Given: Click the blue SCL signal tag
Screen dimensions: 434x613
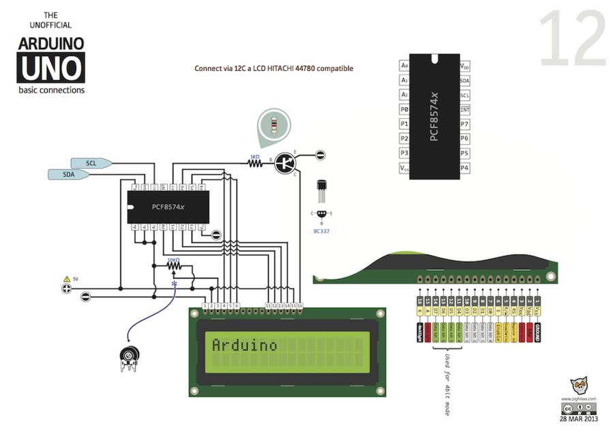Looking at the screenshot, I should point(91,162).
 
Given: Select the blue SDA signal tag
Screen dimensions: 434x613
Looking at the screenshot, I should point(68,175).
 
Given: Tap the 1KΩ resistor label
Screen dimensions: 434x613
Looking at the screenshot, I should point(254,157).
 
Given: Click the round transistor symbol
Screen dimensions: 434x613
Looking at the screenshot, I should point(288,162).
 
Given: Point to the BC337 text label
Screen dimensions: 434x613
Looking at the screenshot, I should point(322,231).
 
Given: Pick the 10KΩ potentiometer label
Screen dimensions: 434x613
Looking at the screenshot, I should point(173,260).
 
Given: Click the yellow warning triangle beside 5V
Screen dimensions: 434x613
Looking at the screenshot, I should point(66,278).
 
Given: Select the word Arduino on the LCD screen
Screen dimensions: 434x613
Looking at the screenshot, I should point(245,345).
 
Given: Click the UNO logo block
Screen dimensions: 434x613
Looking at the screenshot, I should point(52,68).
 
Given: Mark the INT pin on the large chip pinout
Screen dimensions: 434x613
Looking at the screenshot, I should point(465,109).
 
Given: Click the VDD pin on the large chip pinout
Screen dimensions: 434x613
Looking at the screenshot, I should point(465,66).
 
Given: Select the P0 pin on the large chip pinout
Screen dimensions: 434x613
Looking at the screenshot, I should point(404,109).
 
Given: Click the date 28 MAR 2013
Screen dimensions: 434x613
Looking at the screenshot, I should point(579,419).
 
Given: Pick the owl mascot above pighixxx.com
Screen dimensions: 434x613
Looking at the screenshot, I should point(579,386).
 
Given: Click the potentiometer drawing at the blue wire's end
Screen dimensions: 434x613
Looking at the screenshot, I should point(129,356).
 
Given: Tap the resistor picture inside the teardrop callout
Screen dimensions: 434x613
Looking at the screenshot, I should point(273,126).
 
